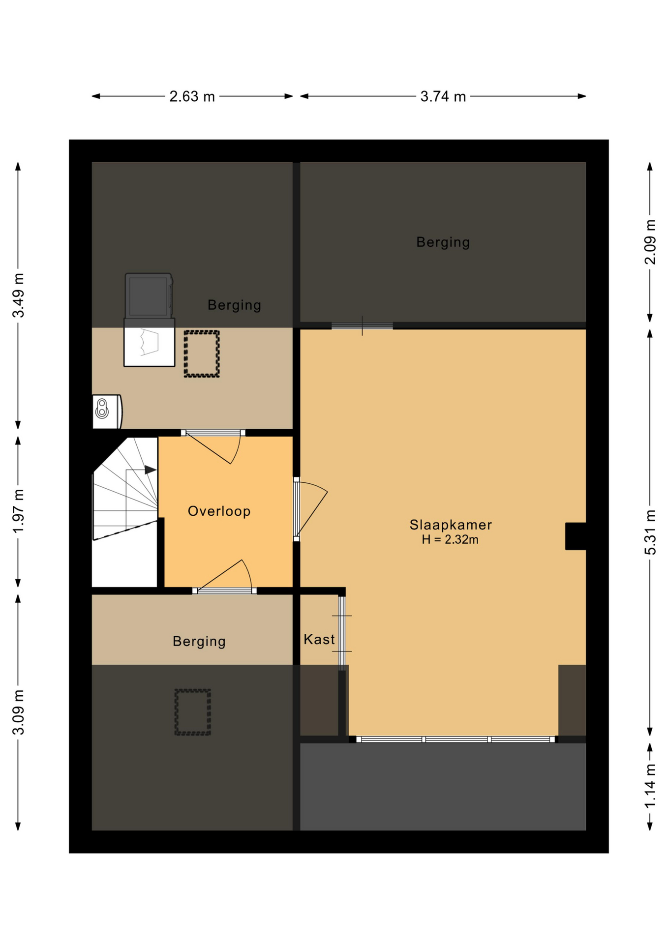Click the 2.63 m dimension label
coord(192,96)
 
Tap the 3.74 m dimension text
coord(443,96)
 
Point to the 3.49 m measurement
coord(18,295)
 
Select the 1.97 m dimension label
coord(18,511)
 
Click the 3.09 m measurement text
coord(18,712)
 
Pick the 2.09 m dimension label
coord(650,242)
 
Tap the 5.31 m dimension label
coord(650,532)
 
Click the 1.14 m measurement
coord(650,786)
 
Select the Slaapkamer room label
coord(451,525)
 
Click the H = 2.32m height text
coord(450,539)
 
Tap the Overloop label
coord(219,511)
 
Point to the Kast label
coord(319,639)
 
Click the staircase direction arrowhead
coord(151,470)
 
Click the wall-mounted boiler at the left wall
coord(107,412)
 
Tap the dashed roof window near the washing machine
coord(202,354)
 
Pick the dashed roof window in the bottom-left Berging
coord(193,712)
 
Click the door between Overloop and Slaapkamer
coord(311,509)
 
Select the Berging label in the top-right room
coord(443,242)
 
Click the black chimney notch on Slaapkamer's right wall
coord(576,536)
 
